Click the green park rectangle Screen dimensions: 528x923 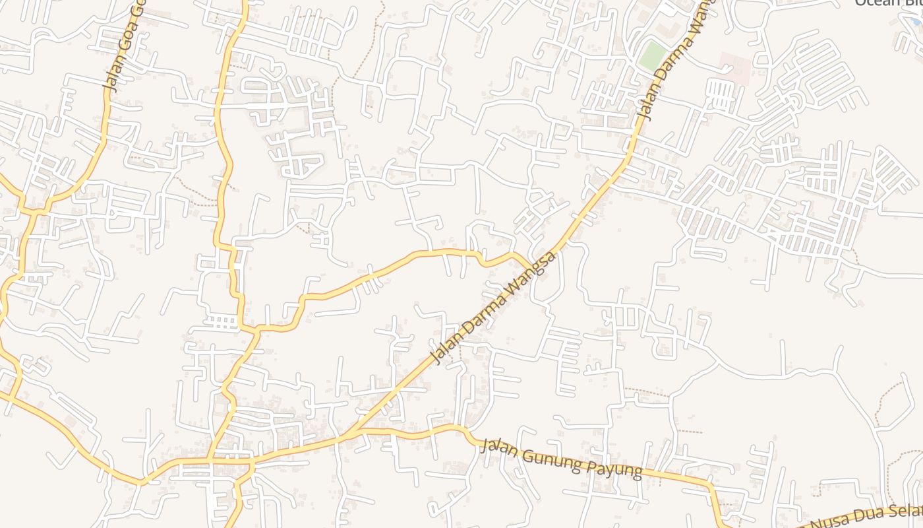653,55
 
